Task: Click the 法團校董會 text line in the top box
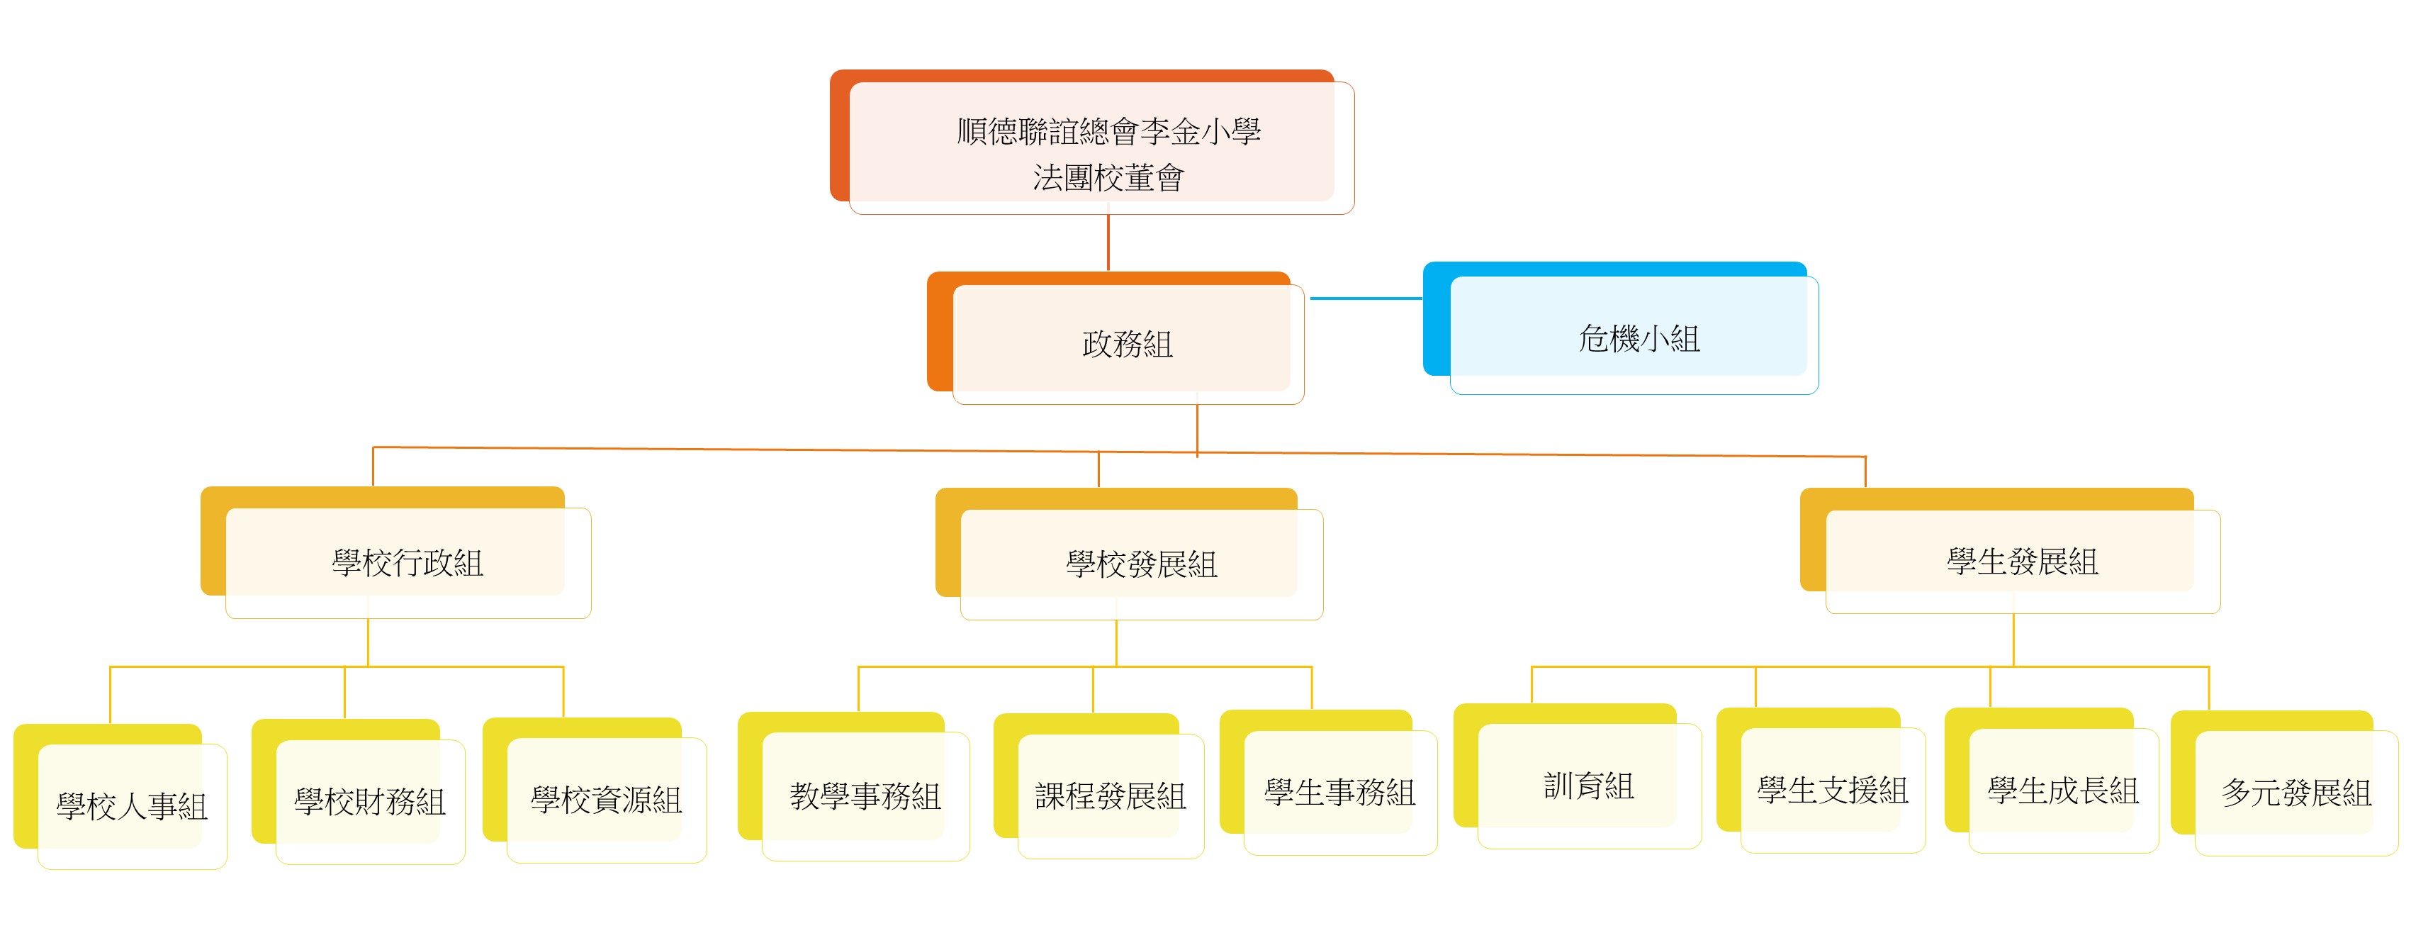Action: click(1108, 178)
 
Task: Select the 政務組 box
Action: click(1127, 344)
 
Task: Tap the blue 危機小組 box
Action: click(1638, 338)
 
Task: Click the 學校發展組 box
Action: click(1141, 564)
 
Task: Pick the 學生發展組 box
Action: click(2022, 561)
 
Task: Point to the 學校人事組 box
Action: click(132, 805)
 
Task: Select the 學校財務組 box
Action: click(370, 800)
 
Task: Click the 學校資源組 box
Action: click(607, 798)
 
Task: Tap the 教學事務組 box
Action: click(865, 795)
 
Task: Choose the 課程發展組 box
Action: click(1110, 795)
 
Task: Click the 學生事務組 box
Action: click(1339, 792)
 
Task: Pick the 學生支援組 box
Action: click(1832, 790)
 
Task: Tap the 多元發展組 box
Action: click(2296, 793)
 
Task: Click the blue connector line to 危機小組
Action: click(1366, 298)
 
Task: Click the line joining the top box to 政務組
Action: click(1108, 242)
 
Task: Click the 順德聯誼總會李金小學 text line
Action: click(1108, 131)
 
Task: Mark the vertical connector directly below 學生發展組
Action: click(2013, 640)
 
